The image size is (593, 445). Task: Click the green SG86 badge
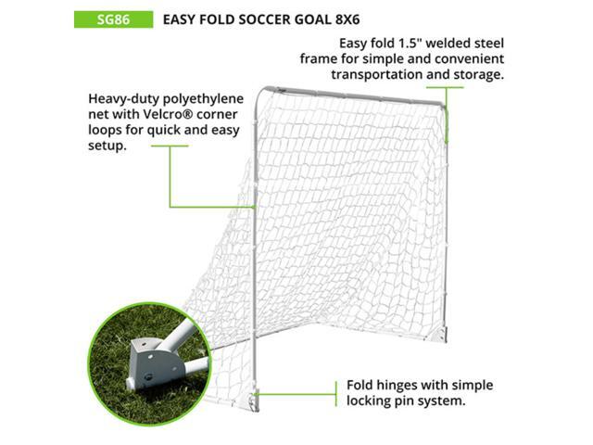[x=113, y=19]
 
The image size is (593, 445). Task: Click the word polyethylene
[x=208, y=97]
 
